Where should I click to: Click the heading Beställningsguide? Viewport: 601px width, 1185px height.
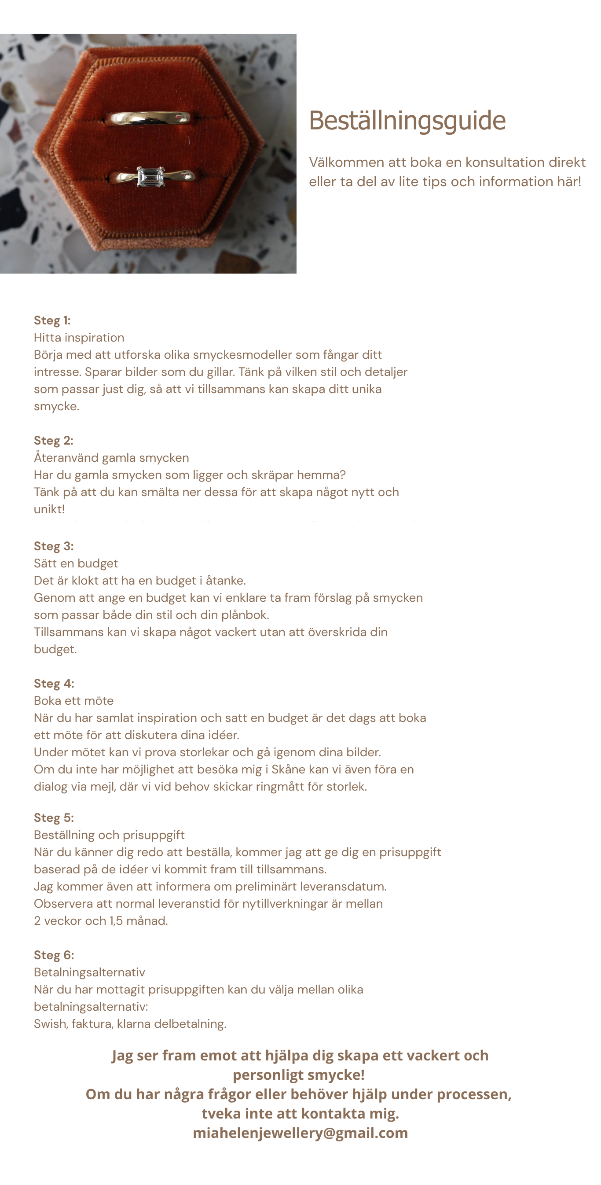click(x=407, y=121)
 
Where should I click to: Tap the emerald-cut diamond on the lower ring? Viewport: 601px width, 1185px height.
click(x=150, y=176)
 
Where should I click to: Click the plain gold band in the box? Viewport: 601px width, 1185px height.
click(x=148, y=119)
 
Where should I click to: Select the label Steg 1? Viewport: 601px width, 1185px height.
click(x=52, y=320)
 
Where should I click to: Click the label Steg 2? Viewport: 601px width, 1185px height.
click(x=53, y=441)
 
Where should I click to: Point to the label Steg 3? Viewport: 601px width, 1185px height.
click(x=53, y=546)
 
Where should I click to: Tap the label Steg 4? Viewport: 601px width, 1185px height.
click(x=54, y=684)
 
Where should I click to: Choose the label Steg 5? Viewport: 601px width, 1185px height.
click(x=54, y=818)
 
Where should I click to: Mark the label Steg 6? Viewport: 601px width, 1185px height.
click(x=54, y=956)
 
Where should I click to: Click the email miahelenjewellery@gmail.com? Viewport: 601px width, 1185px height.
click(x=300, y=1133)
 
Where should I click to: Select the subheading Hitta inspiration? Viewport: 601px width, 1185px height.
click(x=79, y=338)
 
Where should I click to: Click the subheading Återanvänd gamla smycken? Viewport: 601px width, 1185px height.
click(x=111, y=458)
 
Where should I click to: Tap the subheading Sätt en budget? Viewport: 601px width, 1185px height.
click(x=76, y=563)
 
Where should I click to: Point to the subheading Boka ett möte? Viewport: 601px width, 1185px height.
click(x=73, y=701)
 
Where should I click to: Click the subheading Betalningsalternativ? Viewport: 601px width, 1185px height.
click(x=89, y=972)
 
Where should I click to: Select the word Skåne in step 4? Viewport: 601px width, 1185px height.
click(x=288, y=769)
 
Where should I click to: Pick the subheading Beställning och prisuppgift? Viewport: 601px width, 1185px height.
click(x=109, y=835)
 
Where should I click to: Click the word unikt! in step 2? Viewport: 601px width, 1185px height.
click(x=49, y=509)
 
